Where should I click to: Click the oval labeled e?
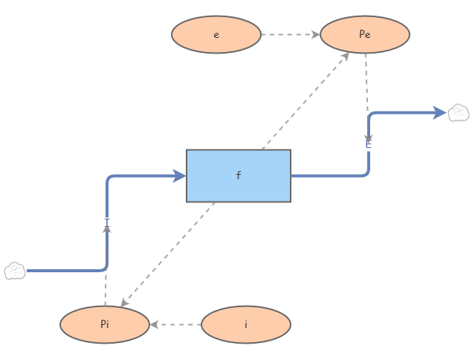pyautogui.click(x=216, y=35)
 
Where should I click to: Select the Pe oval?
pyautogui.click(x=365, y=35)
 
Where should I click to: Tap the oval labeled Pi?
pyautogui.click(x=105, y=324)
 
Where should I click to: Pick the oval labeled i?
pyautogui.click(x=246, y=324)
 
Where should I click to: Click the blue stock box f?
pyautogui.click(x=239, y=176)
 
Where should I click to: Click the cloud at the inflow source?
pyautogui.click(x=15, y=271)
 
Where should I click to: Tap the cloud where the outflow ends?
pyautogui.click(x=459, y=113)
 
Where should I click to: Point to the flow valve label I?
pyautogui.click(x=107, y=222)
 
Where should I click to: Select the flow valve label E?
pyautogui.click(x=368, y=144)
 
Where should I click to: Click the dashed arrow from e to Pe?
pyautogui.click(x=290, y=35)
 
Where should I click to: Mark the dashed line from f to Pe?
pyautogui.click(x=305, y=100)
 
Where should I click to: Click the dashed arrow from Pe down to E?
pyautogui.click(x=366, y=93)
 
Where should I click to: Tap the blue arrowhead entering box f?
pyautogui.click(x=179, y=176)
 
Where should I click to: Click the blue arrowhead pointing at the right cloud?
pyautogui.click(x=439, y=113)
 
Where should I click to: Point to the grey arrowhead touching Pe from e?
pyautogui.click(x=315, y=35)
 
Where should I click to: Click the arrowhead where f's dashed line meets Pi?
pyautogui.click(x=124, y=301)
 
